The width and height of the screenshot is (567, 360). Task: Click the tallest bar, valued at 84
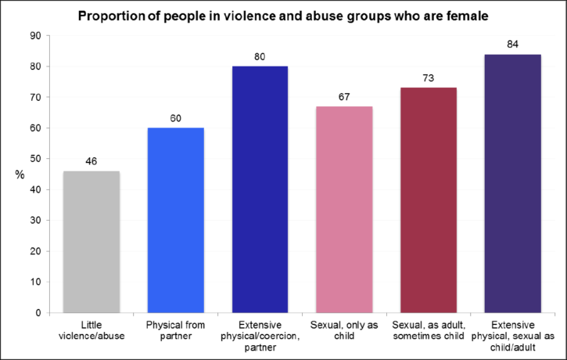pos(512,183)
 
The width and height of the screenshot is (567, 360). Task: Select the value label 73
pos(429,79)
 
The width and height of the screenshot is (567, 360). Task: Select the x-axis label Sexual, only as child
pos(345,330)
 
